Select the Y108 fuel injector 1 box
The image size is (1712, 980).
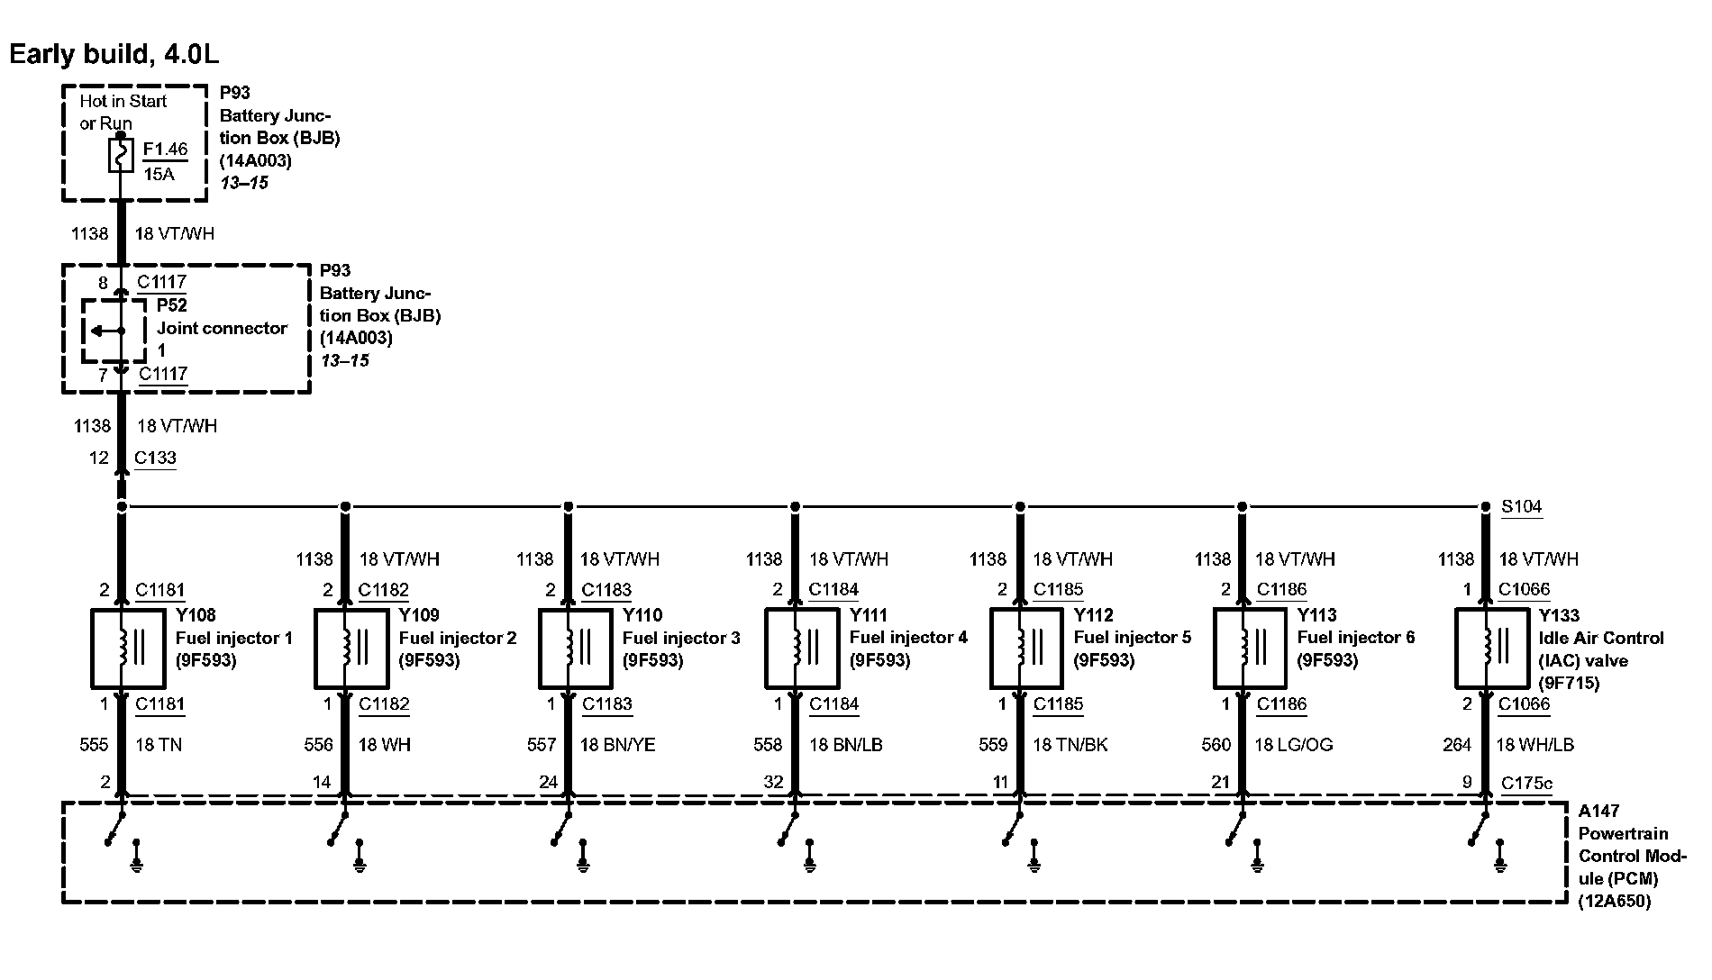click(x=128, y=648)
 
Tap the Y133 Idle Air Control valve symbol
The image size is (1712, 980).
click(x=1492, y=648)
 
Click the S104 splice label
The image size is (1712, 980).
click(x=1521, y=507)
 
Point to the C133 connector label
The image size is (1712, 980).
click(x=155, y=458)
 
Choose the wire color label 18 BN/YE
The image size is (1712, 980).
click(x=617, y=745)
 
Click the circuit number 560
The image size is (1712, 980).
click(x=1216, y=745)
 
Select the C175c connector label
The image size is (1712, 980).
click(x=1526, y=784)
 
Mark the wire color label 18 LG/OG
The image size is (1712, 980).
click(x=1293, y=745)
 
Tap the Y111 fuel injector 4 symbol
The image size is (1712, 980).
click(x=802, y=648)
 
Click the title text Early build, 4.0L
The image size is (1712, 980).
click(x=114, y=54)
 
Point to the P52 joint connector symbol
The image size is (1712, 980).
click(x=114, y=331)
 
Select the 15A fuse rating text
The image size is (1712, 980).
click(x=159, y=174)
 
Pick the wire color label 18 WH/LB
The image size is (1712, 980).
click(x=1534, y=745)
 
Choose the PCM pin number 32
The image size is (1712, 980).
click(x=773, y=783)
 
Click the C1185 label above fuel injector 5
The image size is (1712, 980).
click(x=1058, y=590)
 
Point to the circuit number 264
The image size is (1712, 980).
click(x=1457, y=745)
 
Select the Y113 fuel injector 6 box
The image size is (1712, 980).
click(x=1250, y=648)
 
